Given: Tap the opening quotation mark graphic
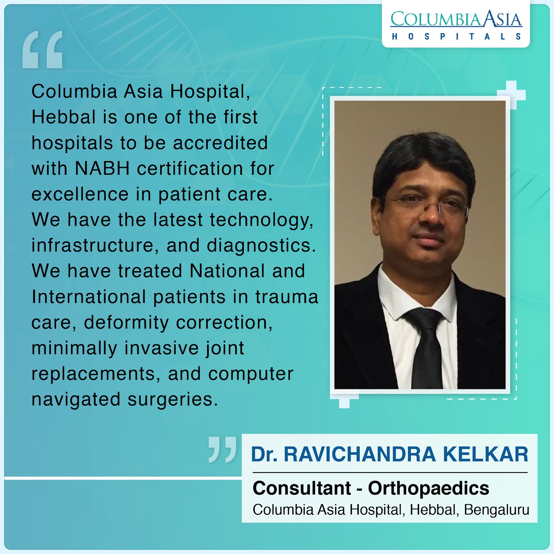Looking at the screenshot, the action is [x=43, y=49].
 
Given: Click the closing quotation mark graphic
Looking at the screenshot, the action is [x=223, y=449].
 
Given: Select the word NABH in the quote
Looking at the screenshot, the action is [x=102, y=169].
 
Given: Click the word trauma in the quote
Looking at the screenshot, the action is [x=287, y=297].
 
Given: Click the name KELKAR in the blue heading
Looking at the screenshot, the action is [x=486, y=454].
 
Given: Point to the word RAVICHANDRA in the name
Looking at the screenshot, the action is [x=360, y=454].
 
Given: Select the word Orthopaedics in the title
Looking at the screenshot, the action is [x=429, y=489].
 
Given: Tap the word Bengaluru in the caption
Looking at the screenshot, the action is [x=497, y=510].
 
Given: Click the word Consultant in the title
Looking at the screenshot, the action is [x=302, y=488].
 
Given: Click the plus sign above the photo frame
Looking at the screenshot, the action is [x=511, y=95].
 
